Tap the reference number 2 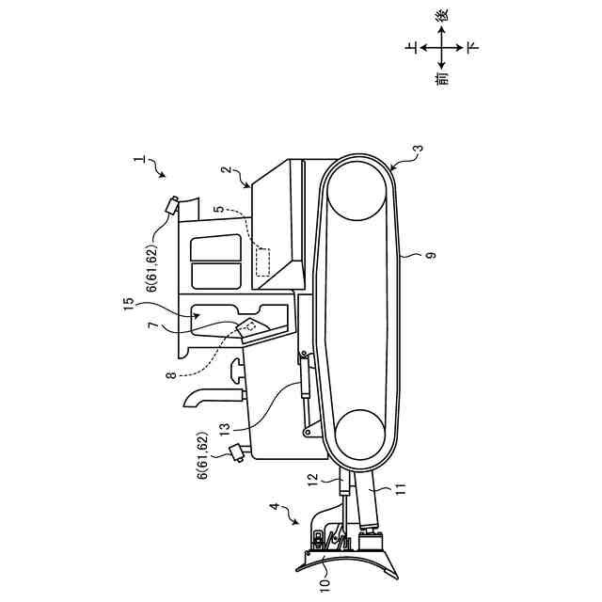(227, 171)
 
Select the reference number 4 (275, 508)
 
